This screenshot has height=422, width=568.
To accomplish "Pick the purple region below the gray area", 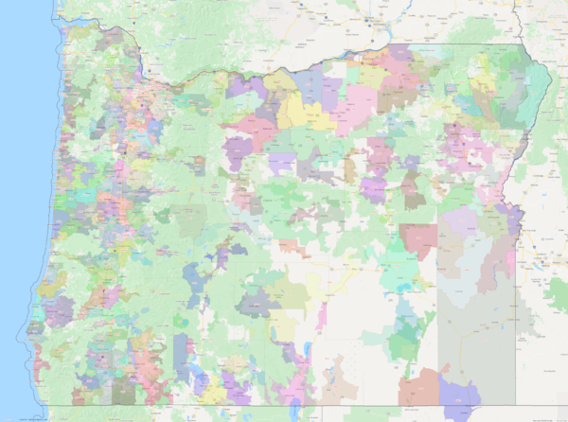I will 459,397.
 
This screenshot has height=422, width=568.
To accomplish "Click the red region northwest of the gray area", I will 417,237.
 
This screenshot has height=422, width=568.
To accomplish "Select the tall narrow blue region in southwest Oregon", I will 181,355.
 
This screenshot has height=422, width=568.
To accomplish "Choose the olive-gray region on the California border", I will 123,388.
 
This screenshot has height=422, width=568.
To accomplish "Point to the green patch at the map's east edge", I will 557,293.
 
